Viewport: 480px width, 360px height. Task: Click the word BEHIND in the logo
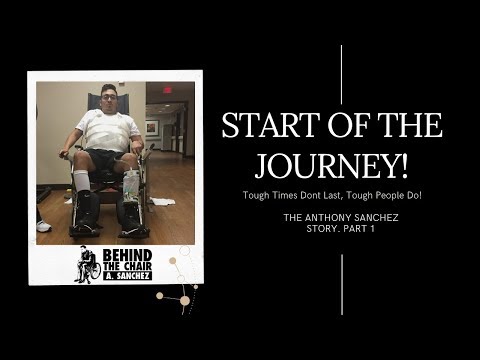point(125,255)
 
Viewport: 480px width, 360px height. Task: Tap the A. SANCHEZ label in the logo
point(126,275)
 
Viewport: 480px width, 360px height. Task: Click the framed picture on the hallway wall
point(152,128)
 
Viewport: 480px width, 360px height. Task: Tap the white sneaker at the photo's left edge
point(43,226)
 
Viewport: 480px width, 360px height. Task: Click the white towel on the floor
point(166,202)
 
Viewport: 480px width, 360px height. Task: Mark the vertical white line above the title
point(342,75)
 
